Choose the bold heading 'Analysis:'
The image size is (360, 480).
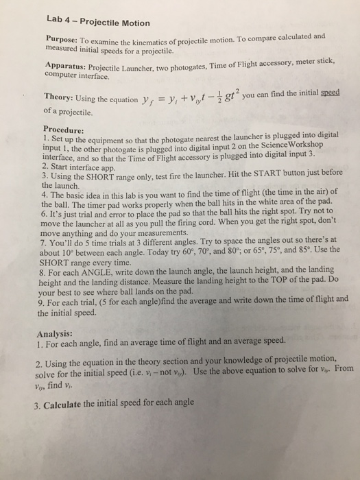(60, 336)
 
